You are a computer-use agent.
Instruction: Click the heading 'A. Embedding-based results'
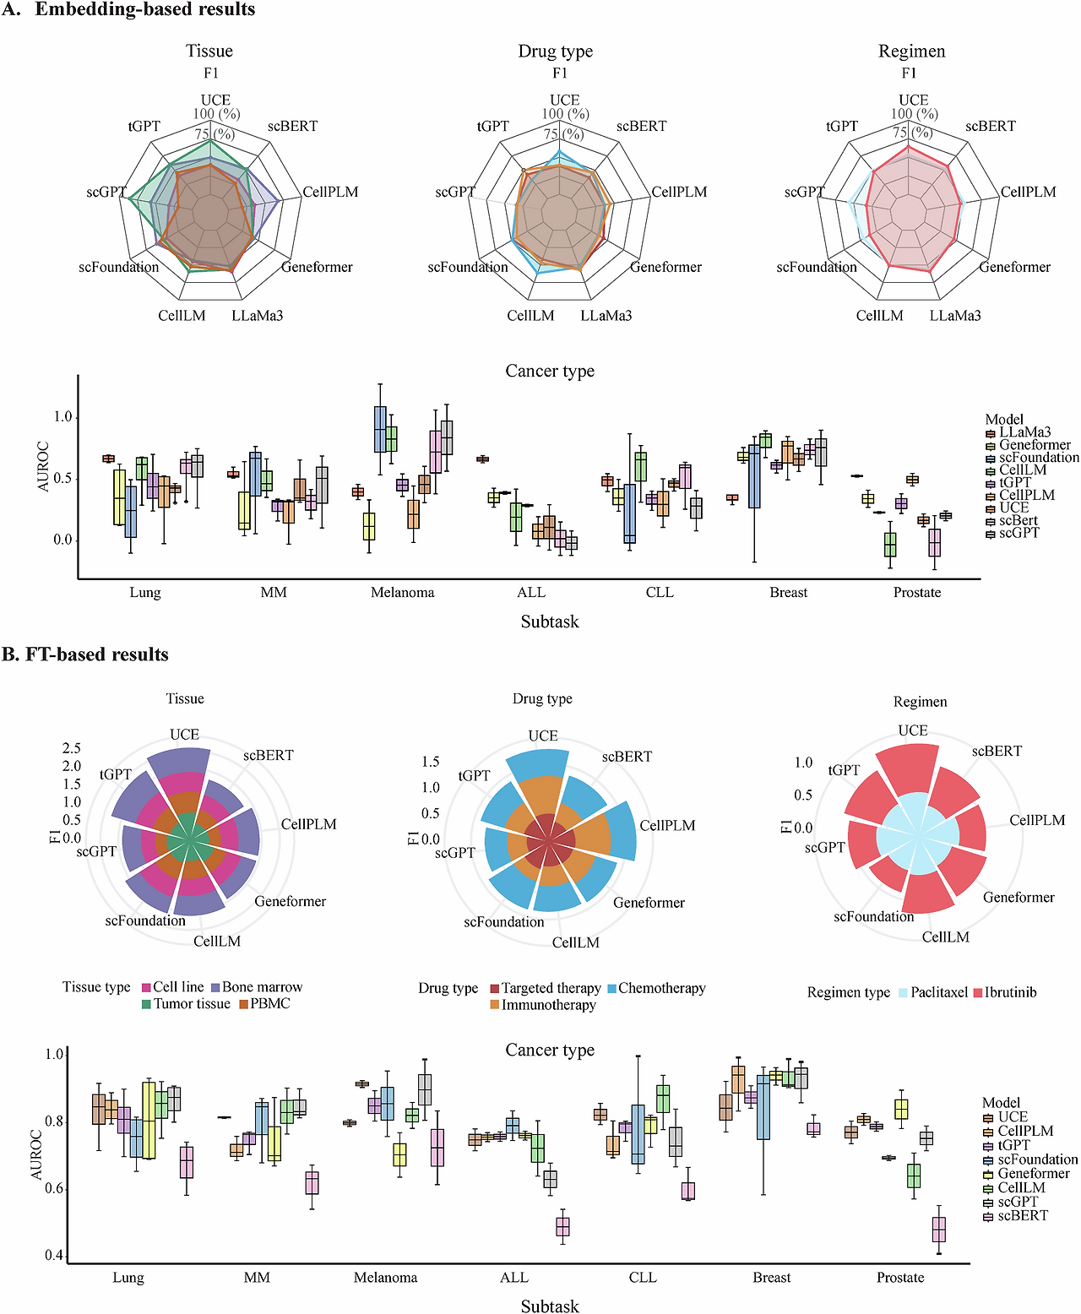coord(128,9)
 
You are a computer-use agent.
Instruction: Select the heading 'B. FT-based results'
coord(85,654)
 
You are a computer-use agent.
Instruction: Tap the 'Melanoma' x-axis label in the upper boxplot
coord(403,592)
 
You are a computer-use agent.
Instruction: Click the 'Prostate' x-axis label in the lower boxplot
coord(900,1277)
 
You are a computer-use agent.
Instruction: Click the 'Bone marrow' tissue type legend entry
coord(257,987)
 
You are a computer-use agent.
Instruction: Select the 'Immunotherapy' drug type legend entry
coord(543,1005)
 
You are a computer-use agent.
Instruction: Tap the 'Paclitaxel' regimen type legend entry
coord(932,992)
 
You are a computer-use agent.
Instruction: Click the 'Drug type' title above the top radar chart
coord(555,51)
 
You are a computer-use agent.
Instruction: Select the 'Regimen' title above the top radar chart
coord(911,51)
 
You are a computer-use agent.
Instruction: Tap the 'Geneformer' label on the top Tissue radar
coord(317,268)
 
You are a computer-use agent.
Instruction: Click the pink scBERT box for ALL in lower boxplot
coord(562,1227)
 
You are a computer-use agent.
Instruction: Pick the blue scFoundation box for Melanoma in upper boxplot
coord(380,429)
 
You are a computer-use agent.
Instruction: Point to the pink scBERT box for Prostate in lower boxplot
coord(939,1230)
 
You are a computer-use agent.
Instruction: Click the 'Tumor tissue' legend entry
coord(187,1004)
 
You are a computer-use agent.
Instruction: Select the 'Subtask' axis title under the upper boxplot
coord(550,622)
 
